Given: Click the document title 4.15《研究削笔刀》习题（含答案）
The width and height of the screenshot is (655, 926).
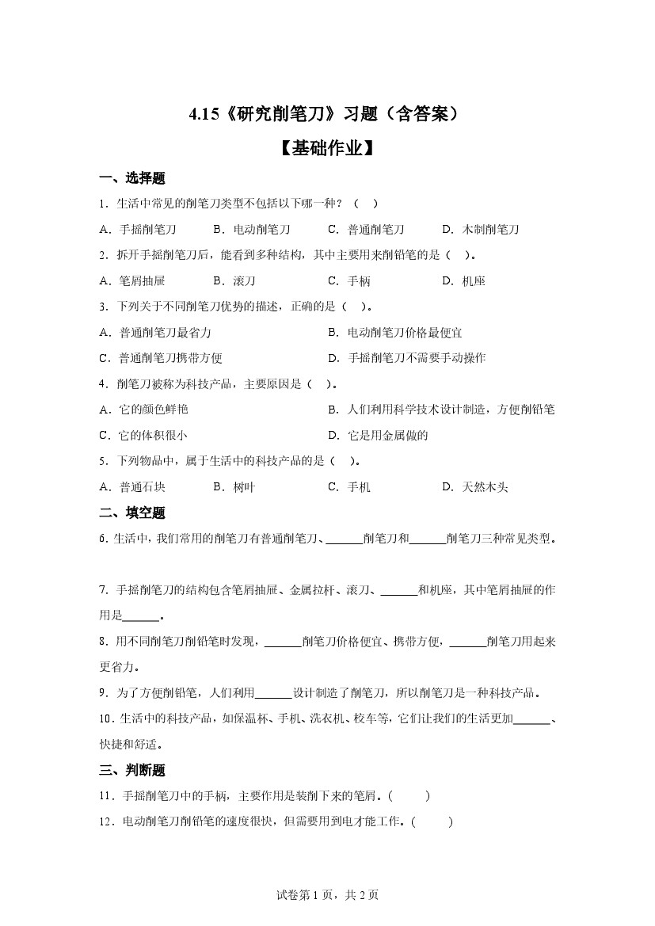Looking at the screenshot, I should pos(325,115).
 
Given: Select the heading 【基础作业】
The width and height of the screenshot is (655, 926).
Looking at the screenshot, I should pos(326,148).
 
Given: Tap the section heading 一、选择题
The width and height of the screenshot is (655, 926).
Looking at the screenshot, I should pos(131,178).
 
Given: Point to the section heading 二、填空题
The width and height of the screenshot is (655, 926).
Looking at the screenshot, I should pos(131,513).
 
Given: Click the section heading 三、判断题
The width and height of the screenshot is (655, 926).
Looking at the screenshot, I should pos(131,770).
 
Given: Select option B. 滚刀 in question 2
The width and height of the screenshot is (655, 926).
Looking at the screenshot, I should pos(234,281).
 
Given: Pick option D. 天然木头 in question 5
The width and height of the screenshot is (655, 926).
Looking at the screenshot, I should pos(474,487).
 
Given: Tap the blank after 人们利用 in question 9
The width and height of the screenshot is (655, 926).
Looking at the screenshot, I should pos(274,693).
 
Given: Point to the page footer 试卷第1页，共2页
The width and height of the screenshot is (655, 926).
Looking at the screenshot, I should pos(327,895).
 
